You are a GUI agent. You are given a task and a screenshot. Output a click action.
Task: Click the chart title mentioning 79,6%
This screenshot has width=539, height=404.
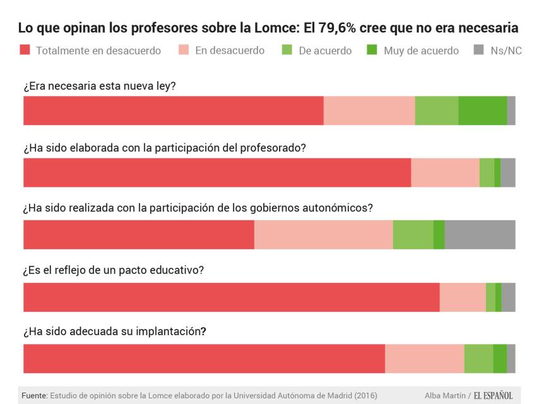pyautogui.click(x=268, y=28)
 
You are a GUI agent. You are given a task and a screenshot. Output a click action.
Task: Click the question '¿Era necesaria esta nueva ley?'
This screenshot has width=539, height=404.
pyautogui.click(x=99, y=86)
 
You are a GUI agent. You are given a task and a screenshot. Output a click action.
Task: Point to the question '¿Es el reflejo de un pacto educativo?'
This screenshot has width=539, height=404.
pyautogui.click(x=114, y=270)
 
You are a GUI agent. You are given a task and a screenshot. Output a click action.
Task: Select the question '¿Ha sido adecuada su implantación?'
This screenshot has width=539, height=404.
pyautogui.click(x=115, y=331)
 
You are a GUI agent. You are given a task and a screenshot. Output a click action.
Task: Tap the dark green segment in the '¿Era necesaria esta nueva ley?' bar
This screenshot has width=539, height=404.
pyautogui.click(x=482, y=110)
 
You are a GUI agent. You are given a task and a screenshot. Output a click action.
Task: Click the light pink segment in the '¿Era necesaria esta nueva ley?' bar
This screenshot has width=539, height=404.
pyautogui.click(x=369, y=110)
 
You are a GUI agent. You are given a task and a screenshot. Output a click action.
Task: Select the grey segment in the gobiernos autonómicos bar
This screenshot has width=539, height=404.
pyautogui.click(x=480, y=235)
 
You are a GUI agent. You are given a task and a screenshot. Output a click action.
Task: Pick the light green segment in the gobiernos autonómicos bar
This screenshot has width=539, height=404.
pyautogui.click(x=413, y=235)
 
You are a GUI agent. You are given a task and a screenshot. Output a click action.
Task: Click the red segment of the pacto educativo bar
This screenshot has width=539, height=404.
pyautogui.click(x=231, y=297)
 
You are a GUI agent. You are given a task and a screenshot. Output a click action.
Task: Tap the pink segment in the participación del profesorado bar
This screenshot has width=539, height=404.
pyautogui.click(x=445, y=173)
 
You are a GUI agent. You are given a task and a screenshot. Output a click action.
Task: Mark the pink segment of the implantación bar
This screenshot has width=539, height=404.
pyautogui.click(x=424, y=359)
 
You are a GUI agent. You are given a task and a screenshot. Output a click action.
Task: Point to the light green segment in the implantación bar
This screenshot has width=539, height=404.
pyautogui.click(x=478, y=359)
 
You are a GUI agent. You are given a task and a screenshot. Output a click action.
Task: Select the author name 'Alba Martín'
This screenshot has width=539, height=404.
pyautogui.click(x=445, y=396)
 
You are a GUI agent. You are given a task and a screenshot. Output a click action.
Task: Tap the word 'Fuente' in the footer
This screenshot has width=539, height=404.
pyautogui.click(x=34, y=396)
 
